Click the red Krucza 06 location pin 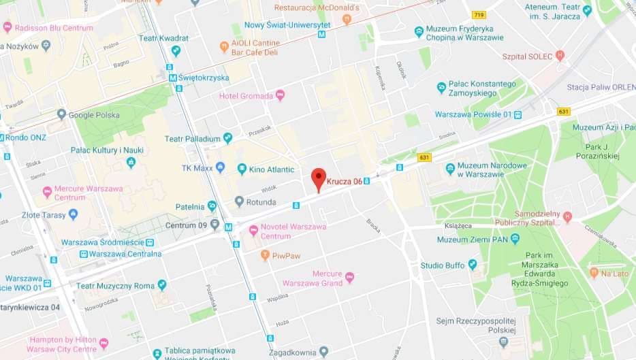(x=318, y=178)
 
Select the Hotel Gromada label (x=246, y=96)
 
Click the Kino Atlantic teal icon (x=241, y=169)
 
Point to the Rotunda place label (x=261, y=202)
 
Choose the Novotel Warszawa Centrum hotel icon (x=254, y=231)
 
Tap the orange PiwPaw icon (x=266, y=255)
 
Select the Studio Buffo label (x=441, y=265)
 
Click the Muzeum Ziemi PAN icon (x=515, y=239)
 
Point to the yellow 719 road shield (x=479, y=14)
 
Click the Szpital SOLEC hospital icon (x=560, y=56)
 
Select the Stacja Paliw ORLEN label (x=601, y=87)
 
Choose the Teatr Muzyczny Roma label (x=115, y=286)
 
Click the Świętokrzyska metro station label (x=203, y=78)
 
